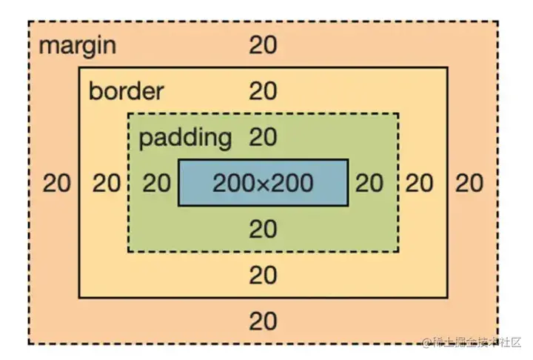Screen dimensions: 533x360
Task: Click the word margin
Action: click(x=77, y=46)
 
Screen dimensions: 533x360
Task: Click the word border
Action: click(x=126, y=92)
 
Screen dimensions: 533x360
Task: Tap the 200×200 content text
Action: click(x=263, y=183)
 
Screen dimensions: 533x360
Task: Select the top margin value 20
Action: click(x=263, y=46)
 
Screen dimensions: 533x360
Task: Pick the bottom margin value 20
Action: click(x=263, y=321)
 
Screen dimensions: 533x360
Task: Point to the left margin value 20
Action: click(x=57, y=183)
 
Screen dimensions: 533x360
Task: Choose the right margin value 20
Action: click(x=469, y=183)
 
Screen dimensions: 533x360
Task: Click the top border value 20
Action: click(x=263, y=92)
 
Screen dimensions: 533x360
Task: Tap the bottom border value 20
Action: click(x=263, y=276)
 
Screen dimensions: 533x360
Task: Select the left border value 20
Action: click(x=107, y=183)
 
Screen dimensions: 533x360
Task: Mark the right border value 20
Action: click(x=420, y=183)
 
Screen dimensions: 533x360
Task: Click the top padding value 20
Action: click(x=263, y=137)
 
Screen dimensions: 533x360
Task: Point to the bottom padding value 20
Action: click(x=263, y=230)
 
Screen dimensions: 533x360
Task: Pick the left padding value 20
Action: click(x=156, y=183)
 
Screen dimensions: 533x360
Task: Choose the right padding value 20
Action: click(x=370, y=183)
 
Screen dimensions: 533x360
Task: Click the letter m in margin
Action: click(x=47, y=47)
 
